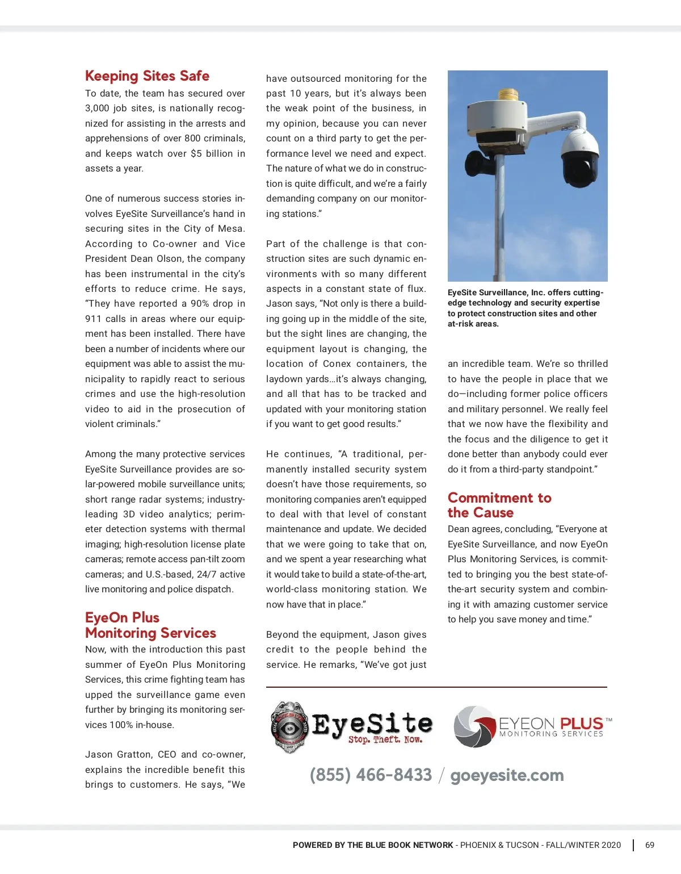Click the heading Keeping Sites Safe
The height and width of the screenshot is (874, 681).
click(147, 76)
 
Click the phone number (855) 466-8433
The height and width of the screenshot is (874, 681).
click(371, 775)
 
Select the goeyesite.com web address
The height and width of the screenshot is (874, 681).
click(507, 775)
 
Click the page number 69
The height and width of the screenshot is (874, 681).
click(650, 845)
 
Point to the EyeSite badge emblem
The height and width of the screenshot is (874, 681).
click(289, 727)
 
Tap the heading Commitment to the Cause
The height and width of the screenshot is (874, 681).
click(499, 505)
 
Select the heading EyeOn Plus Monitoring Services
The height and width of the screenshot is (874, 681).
click(150, 625)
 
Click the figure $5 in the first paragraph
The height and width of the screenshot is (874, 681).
click(196, 153)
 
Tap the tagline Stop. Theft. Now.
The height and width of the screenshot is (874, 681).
click(385, 740)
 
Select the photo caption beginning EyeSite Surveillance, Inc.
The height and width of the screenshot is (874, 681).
click(525, 308)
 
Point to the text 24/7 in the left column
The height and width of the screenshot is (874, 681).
click(207, 574)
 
